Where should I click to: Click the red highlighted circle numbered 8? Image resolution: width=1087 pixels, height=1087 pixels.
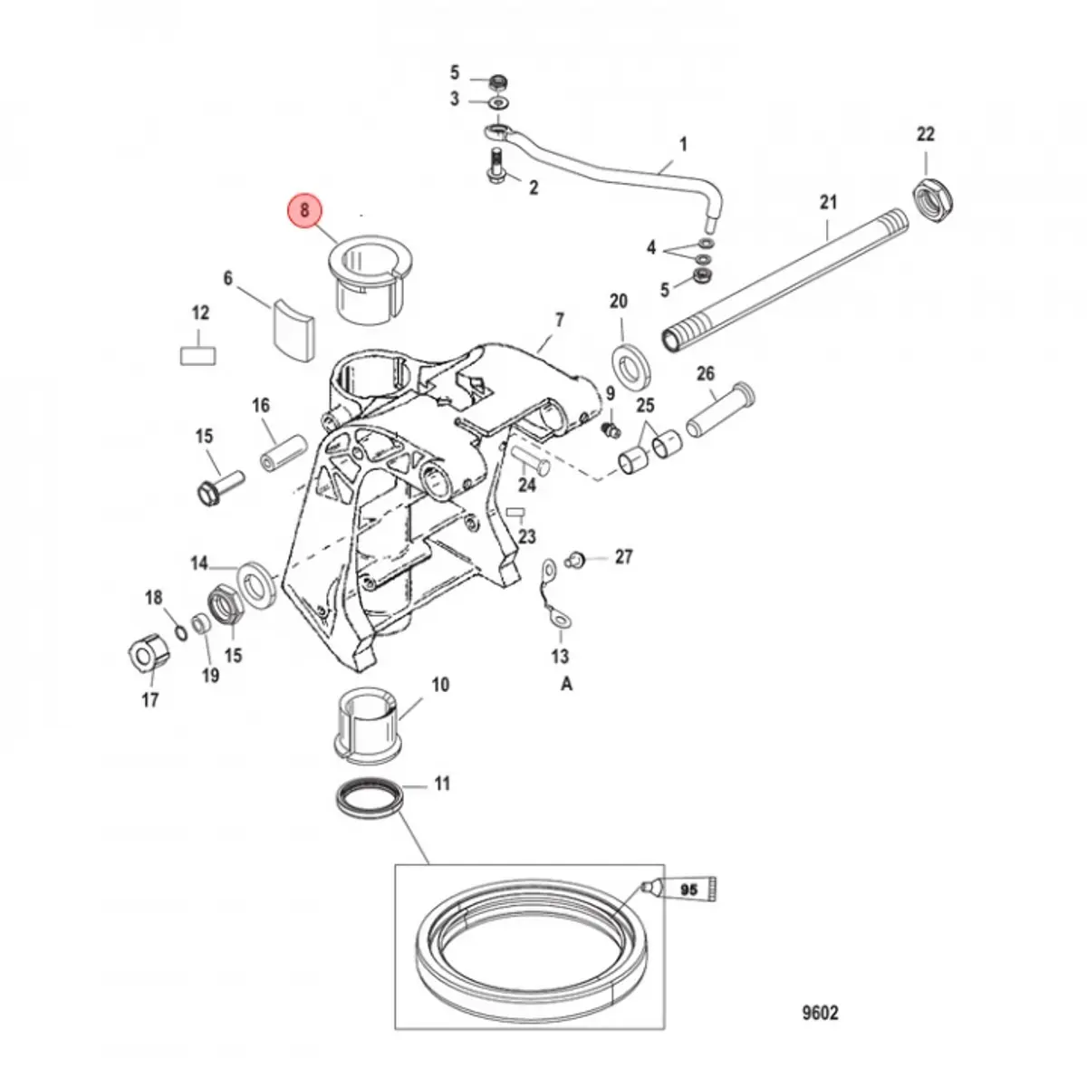[304, 210]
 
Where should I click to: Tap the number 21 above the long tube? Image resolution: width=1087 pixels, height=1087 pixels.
[828, 203]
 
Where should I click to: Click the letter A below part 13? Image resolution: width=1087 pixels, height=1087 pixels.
[566, 685]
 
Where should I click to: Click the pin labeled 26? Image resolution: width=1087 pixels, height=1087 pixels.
[720, 412]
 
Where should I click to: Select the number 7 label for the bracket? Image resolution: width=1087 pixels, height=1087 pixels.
[559, 320]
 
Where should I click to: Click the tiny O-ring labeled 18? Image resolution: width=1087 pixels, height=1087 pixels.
[180, 630]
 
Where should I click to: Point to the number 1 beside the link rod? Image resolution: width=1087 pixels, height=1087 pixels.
[683, 144]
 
